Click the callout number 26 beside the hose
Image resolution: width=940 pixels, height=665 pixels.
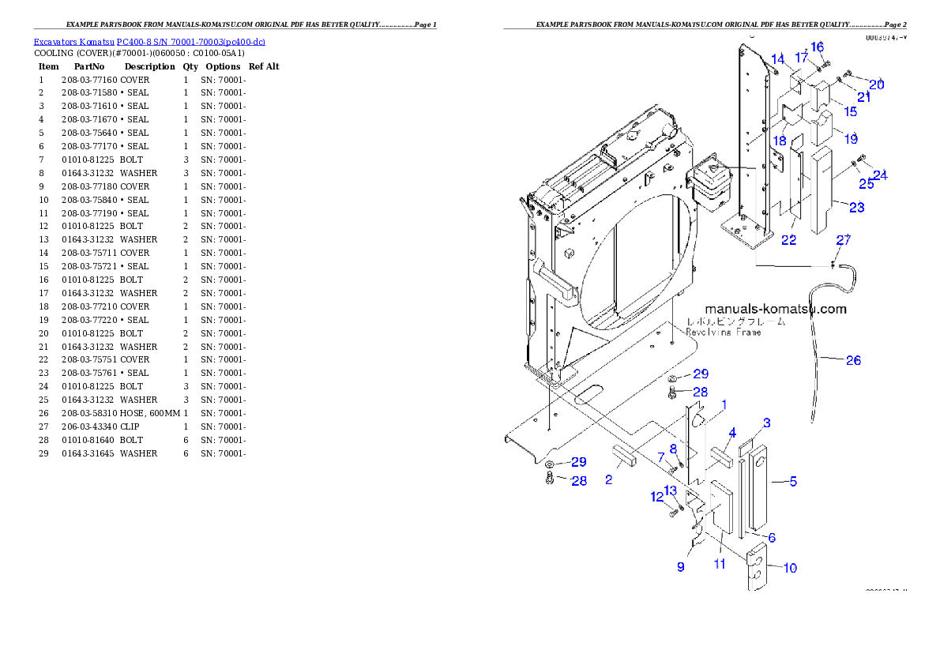point(853,360)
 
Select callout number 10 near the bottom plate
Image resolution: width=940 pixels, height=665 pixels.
point(789,567)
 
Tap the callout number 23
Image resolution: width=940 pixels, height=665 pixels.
point(856,208)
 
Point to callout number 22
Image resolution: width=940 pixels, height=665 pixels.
point(788,240)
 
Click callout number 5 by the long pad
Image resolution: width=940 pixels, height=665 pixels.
point(793,481)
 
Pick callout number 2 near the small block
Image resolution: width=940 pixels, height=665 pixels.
point(608,479)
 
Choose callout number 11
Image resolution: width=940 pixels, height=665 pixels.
point(720,564)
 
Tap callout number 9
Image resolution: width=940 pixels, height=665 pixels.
point(681,566)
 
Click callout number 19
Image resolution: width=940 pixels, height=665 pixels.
point(850,139)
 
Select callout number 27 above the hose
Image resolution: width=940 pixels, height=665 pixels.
point(844,239)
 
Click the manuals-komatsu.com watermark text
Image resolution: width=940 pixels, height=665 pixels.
point(775,309)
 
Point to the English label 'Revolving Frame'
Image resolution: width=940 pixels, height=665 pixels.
point(724,332)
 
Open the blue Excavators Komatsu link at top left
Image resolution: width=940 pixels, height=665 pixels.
point(149,41)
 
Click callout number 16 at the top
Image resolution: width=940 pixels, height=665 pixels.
point(817,47)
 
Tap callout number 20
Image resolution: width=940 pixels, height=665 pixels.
point(876,85)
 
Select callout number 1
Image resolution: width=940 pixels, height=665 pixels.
point(724,404)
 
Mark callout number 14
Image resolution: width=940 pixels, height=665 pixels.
point(778,59)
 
